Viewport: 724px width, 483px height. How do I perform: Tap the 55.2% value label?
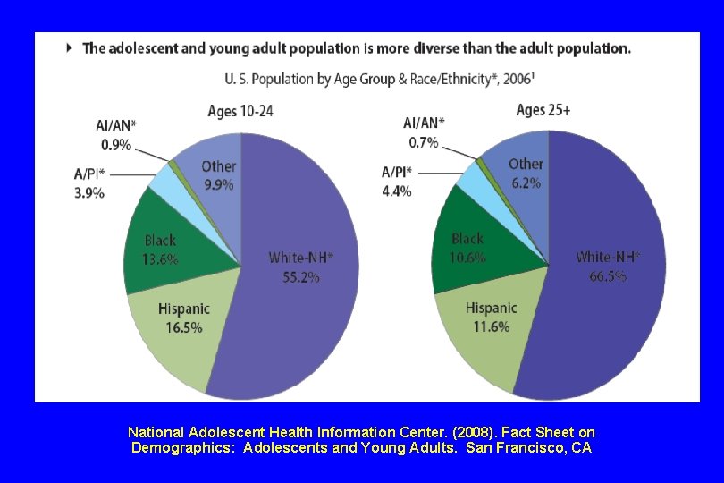301,277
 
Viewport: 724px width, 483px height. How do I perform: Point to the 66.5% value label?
608,276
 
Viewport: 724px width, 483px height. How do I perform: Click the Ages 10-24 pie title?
240,111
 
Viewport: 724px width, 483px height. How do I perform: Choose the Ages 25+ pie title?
543,110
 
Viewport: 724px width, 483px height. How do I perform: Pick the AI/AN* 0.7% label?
424,132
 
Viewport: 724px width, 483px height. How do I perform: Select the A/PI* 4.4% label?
397,182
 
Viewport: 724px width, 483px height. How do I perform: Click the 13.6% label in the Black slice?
160,260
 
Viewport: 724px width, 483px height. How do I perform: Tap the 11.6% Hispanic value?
492,326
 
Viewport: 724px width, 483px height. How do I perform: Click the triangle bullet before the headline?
70,48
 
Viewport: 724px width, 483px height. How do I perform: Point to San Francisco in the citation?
517,447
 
